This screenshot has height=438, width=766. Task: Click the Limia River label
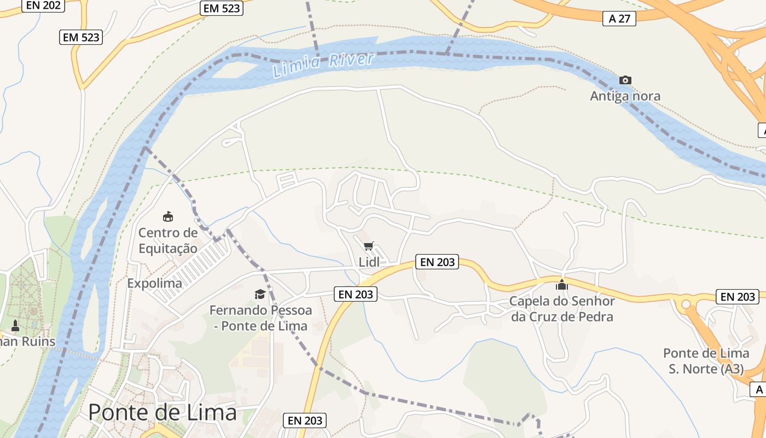pos(323,64)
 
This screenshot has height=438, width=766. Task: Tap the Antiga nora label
pos(625,96)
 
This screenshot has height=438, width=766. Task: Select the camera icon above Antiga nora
pos(625,80)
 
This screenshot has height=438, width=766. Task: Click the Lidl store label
pos(369,262)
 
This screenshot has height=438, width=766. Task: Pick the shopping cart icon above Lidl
pos(369,246)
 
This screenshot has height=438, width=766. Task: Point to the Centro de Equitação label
pos(167,240)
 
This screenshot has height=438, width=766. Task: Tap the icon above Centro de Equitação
pos(168,216)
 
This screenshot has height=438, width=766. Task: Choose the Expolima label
pos(154,283)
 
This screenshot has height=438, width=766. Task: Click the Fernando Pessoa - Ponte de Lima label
pos(260,318)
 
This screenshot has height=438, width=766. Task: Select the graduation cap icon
pos(260,295)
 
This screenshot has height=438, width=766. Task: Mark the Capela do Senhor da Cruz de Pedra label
pos(562,309)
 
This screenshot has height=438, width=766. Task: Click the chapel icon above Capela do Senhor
pos(562,285)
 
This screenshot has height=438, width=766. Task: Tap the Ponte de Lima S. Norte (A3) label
pos(706,361)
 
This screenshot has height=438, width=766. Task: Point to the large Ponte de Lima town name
pos(163,412)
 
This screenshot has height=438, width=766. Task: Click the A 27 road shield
pos(619,19)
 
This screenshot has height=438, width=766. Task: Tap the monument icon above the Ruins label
pos(15,326)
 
